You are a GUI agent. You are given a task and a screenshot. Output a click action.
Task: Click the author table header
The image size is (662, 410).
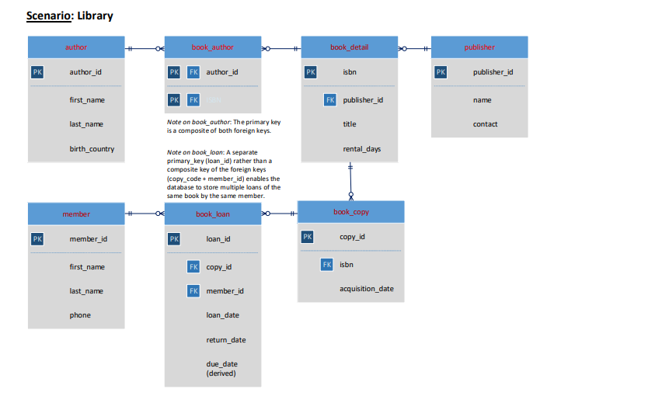pyautogui.click(x=76, y=47)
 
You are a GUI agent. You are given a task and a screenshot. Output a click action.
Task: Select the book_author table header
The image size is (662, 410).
pyautogui.click(x=212, y=47)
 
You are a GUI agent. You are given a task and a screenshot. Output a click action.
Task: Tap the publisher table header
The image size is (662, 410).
pyautogui.click(x=479, y=47)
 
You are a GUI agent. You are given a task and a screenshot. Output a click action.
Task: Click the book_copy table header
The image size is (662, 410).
pyautogui.click(x=351, y=212)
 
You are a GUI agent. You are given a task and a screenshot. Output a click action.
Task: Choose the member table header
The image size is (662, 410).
pyautogui.click(x=76, y=214)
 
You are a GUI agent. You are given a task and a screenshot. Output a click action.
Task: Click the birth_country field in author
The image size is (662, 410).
pyautogui.click(x=92, y=149)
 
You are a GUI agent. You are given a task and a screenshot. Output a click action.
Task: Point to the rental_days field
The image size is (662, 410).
pyautogui.click(x=361, y=149)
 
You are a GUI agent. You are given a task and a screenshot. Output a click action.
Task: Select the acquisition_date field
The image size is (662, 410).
pyautogui.click(x=366, y=289)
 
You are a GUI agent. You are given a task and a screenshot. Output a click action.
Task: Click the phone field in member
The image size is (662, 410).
pyautogui.click(x=80, y=315)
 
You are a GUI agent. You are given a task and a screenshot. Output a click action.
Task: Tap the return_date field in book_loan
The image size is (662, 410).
pyautogui.click(x=225, y=340)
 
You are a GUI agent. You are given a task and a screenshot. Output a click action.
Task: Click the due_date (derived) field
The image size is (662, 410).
pyautogui.click(x=222, y=368)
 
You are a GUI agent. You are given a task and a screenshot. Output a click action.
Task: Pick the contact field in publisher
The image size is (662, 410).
pyautogui.click(x=485, y=124)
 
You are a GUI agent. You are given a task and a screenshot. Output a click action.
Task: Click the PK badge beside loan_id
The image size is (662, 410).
pyautogui.click(x=174, y=239)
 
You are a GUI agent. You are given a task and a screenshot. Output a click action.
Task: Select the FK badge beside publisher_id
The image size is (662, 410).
pyautogui.click(x=330, y=100)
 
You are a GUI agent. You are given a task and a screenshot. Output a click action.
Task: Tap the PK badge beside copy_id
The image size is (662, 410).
pyautogui.click(x=308, y=237)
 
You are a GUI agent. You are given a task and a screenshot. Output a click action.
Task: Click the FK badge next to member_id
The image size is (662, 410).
pyautogui.click(x=194, y=291)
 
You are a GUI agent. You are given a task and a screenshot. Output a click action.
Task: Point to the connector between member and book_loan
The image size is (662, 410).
pyautogui.click(x=145, y=214)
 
